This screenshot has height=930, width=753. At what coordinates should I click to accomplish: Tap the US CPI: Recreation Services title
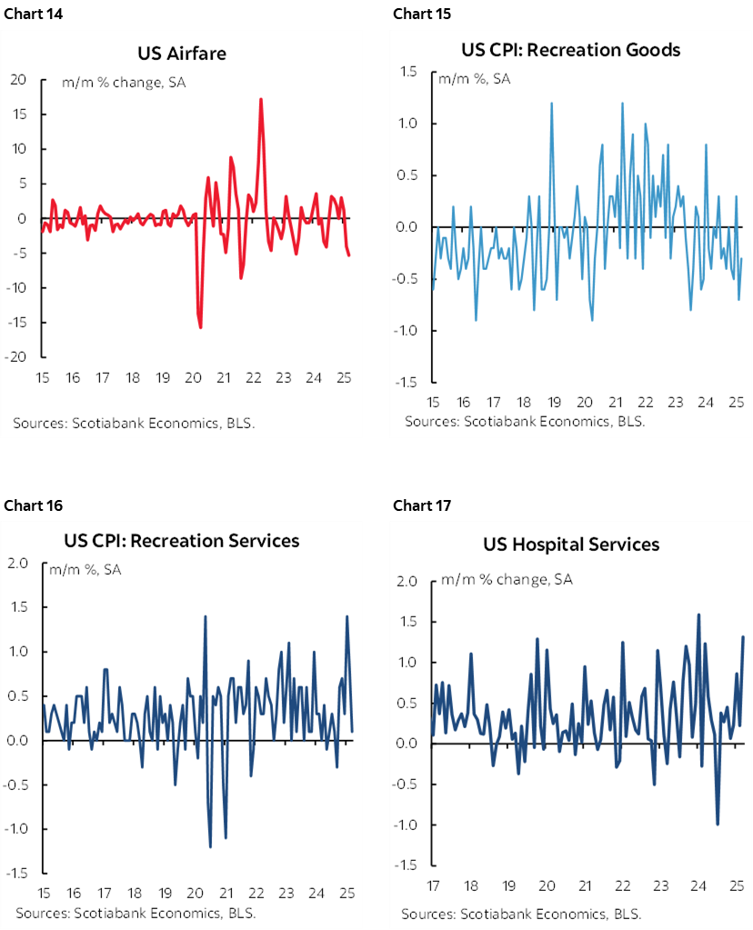click(182, 541)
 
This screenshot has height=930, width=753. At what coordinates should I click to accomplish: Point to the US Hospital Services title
click(571, 545)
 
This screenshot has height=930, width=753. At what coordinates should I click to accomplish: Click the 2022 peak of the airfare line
click(261, 99)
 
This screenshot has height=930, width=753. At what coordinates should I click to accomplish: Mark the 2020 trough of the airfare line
click(200, 327)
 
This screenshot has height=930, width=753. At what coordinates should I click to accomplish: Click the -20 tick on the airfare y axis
click(18, 357)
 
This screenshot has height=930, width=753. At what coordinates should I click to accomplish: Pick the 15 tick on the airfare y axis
click(18, 115)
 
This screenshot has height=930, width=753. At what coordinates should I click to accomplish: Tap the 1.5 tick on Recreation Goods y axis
click(407, 72)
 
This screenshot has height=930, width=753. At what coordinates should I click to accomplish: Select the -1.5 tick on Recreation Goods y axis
click(405, 382)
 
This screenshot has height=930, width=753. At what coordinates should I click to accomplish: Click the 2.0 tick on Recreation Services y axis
click(19, 564)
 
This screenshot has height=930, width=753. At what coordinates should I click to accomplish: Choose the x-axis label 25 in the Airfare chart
click(343, 377)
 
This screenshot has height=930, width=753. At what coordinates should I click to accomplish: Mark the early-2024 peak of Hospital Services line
click(698, 615)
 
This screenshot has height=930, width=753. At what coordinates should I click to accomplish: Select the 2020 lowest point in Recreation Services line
click(211, 846)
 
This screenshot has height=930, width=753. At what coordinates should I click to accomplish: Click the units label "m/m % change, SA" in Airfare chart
click(124, 83)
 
